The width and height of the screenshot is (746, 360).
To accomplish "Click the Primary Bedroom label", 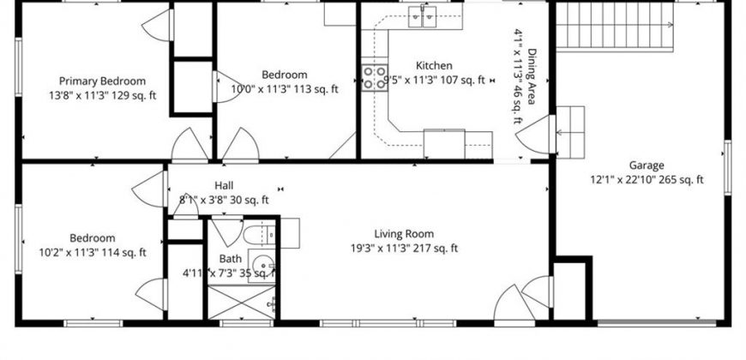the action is (102, 81).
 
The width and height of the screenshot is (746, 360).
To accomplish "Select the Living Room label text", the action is (404, 233).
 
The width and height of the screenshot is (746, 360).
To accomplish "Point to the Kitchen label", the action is (434, 65).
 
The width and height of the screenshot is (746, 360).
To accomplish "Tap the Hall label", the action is (224, 185).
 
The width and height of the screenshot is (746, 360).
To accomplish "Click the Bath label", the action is (230, 259).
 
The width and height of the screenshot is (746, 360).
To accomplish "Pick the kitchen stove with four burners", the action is (375, 77).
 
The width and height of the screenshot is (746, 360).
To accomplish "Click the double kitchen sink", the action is (423, 16).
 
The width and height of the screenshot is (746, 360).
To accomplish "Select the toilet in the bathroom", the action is (259, 235).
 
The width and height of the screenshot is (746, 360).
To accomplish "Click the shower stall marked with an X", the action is (242, 302).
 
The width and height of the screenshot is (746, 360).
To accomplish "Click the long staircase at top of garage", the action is (615, 27).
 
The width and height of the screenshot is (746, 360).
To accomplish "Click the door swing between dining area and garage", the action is (532, 134).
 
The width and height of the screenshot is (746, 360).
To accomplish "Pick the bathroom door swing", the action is (227, 231).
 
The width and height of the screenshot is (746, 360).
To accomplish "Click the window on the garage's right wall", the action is (727, 167).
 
